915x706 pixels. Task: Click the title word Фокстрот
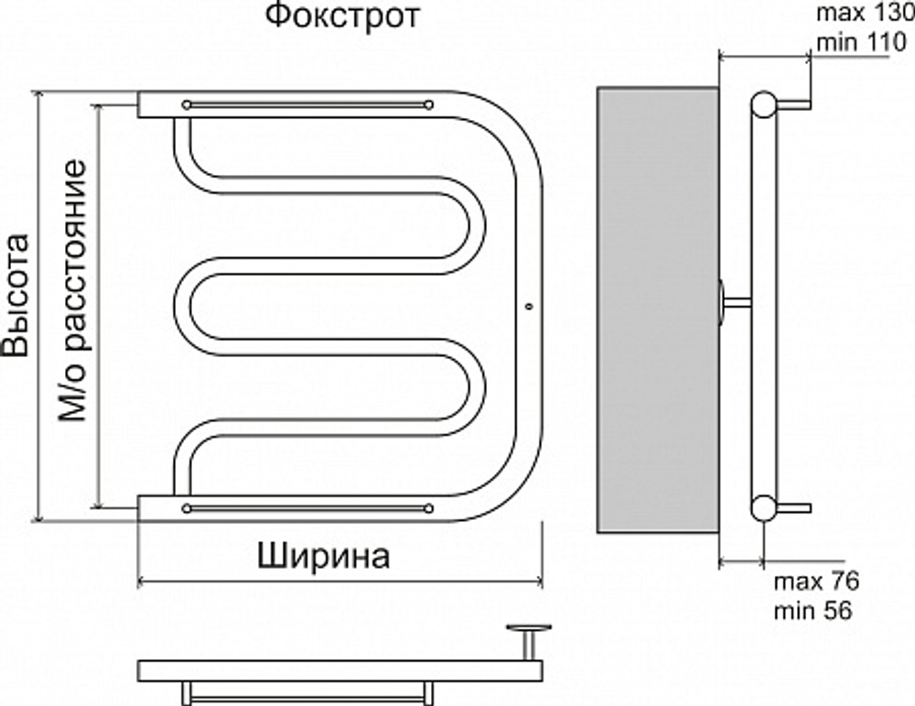(343, 16)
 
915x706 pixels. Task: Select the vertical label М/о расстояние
(72, 291)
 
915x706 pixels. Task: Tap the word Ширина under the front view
(324, 556)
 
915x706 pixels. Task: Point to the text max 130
(859, 14)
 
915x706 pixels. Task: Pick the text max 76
(816, 582)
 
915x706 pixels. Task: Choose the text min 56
(813, 610)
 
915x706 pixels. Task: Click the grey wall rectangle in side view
(657, 310)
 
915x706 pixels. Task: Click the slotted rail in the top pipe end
(307, 105)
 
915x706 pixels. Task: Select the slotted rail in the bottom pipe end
(307, 507)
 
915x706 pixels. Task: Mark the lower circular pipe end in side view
(762, 506)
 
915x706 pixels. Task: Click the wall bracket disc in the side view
(723, 301)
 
